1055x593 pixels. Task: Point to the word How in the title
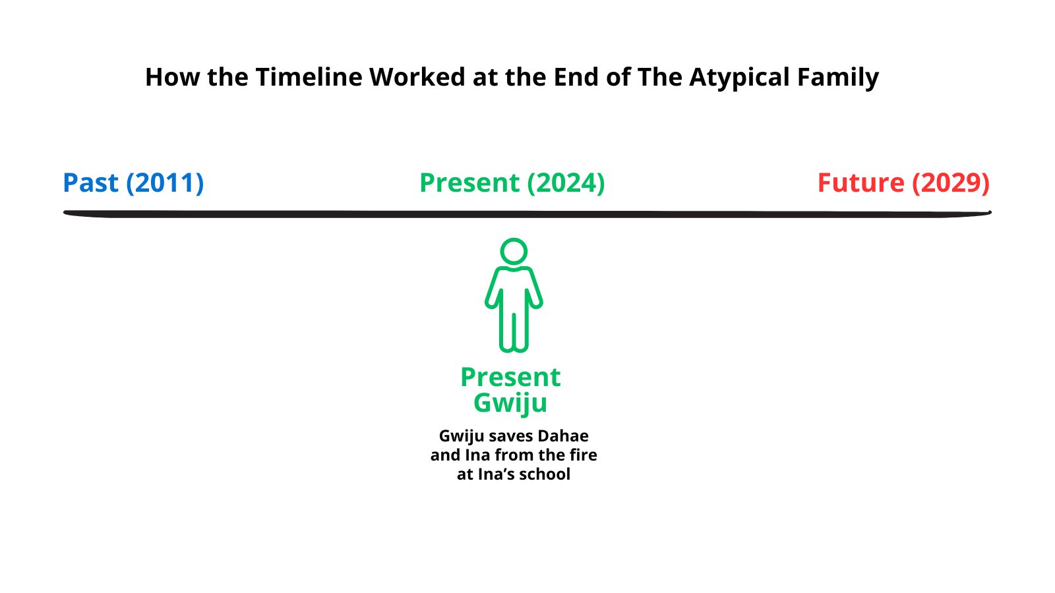pyautogui.click(x=172, y=76)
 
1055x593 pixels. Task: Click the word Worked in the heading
pyautogui.click(x=417, y=76)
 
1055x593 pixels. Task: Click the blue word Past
pyautogui.click(x=90, y=183)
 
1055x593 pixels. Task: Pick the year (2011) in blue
pyautogui.click(x=165, y=183)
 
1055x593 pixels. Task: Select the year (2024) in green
pyautogui.click(x=566, y=183)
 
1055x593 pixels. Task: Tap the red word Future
pyautogui.click(x=861, y=183)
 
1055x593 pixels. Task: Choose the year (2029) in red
pyautogui.click(x=951, y=183)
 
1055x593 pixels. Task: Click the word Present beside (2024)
pyautogui.click(x=469, y=183)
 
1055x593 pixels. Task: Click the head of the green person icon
pyautogui.click(x=514, y=251)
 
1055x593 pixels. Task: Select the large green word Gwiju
pyautogui.click(x=510, y=403)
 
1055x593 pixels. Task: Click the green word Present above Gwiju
pyautogui.click(x=510, y=377)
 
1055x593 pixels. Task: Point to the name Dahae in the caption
pyautogui.click(x=563, y=436)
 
